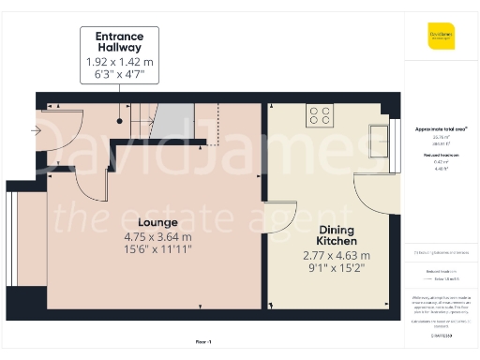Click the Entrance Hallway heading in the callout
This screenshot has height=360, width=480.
(119, 43)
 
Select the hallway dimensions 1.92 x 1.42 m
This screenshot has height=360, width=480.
(119, 63)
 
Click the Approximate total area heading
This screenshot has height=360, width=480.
(440, 128)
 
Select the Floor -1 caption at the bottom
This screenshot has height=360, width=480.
(203, 342)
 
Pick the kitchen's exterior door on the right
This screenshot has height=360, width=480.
(375, 192)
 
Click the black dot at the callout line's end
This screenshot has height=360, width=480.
(120, 120)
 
